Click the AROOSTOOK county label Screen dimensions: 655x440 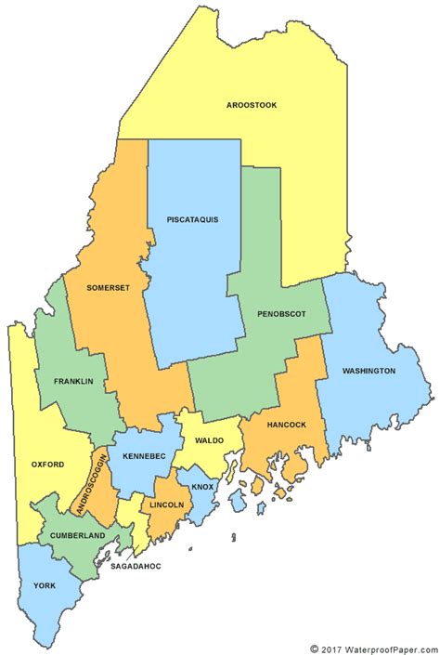[x=252, y=106]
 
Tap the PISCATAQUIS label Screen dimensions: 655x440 [x=192, y=219]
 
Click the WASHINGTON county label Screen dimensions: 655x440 [x=369, y=371]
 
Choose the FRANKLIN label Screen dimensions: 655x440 [x=73, y=382]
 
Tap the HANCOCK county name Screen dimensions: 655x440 [x=286, y=425]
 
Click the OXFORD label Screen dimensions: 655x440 [x=46, y=464]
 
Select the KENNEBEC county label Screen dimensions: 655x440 [x=143, y=456]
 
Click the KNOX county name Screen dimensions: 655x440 [x=201, y=487]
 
